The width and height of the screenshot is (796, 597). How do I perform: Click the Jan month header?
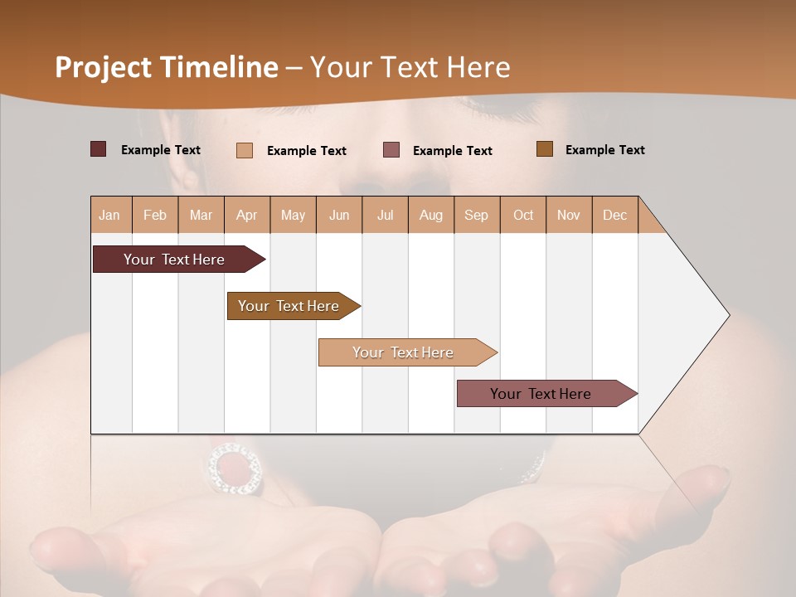109,215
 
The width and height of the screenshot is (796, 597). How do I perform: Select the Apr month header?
246,215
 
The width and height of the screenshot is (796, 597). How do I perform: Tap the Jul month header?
385,215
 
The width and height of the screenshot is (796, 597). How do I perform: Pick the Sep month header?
476,215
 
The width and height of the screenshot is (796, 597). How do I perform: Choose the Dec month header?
614,215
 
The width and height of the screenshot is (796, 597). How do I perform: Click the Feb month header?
155,215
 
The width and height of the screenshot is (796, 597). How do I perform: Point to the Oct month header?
523,215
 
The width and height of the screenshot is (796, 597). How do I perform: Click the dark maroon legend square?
98,149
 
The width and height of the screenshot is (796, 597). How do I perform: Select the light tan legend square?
245,150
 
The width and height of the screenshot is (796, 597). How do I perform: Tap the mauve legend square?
391,149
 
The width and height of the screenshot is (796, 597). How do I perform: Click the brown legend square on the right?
544,149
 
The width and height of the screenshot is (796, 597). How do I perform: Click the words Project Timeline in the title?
166,67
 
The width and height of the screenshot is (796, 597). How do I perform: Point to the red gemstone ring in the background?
234,469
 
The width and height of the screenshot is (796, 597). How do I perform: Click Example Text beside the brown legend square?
604,150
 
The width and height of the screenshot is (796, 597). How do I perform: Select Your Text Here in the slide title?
410,67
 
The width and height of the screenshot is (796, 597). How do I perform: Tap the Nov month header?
569,215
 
